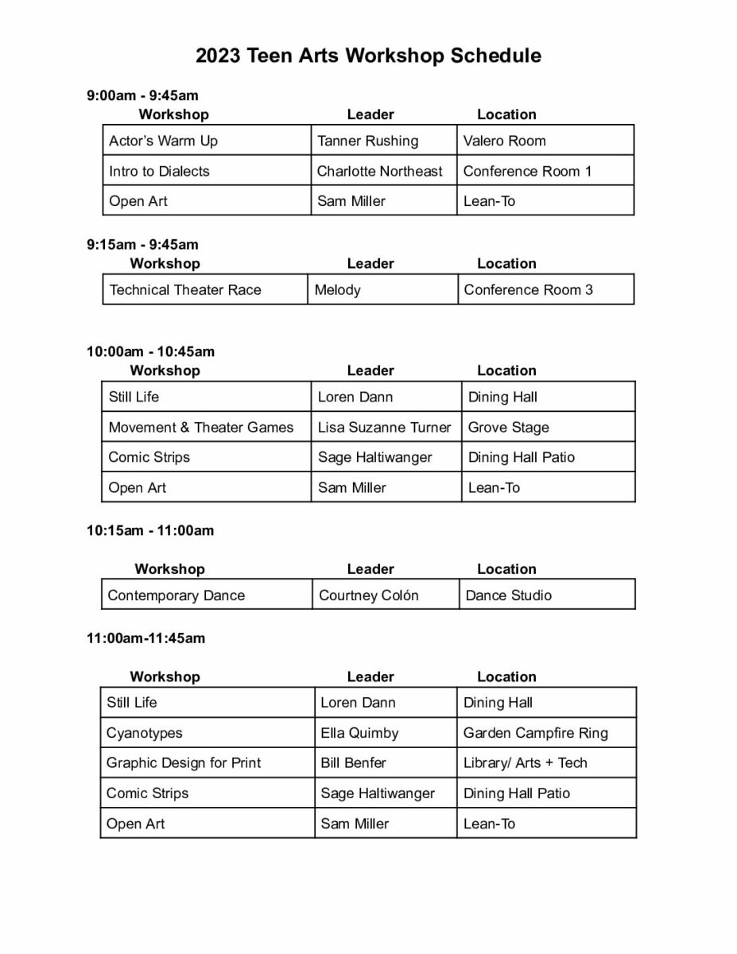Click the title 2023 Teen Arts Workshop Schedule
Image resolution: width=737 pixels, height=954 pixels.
tap(368, 56)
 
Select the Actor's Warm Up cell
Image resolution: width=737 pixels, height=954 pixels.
tap(163, 141)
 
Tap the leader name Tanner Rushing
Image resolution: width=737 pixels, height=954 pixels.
tap(367, 141)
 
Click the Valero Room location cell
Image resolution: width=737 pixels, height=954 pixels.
tap(504, 141)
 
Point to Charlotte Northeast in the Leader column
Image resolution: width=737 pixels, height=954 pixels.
tap(379, 171)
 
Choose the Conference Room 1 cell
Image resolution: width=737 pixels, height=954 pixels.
tap(527, 171)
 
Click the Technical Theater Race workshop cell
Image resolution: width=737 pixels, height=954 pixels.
tap(185, 289)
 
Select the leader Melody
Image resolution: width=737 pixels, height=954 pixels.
tap(337, 289)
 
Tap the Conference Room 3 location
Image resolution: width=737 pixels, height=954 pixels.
tap(528, 289)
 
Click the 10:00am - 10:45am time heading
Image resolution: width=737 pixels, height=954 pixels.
tap(150, 351)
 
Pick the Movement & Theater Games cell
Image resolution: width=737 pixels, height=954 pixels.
tap(200, 427)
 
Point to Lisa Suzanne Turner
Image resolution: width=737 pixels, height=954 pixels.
tap(384, 427)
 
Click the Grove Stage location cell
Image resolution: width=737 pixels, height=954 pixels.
tap(508, 427)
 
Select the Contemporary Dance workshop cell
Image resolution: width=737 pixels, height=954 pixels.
tap(176, 595)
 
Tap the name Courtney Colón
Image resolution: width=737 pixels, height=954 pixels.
tap(368, 595)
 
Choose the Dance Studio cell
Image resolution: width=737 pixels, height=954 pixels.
tap(508, 595)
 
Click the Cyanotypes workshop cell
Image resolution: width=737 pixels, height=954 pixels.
tap(144, 733)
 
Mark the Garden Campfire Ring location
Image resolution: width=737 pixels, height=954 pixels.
tap(535, 733)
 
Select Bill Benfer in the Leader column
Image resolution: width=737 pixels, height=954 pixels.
tap(353, 762)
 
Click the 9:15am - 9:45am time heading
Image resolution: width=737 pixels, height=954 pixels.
tap(142, 244)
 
